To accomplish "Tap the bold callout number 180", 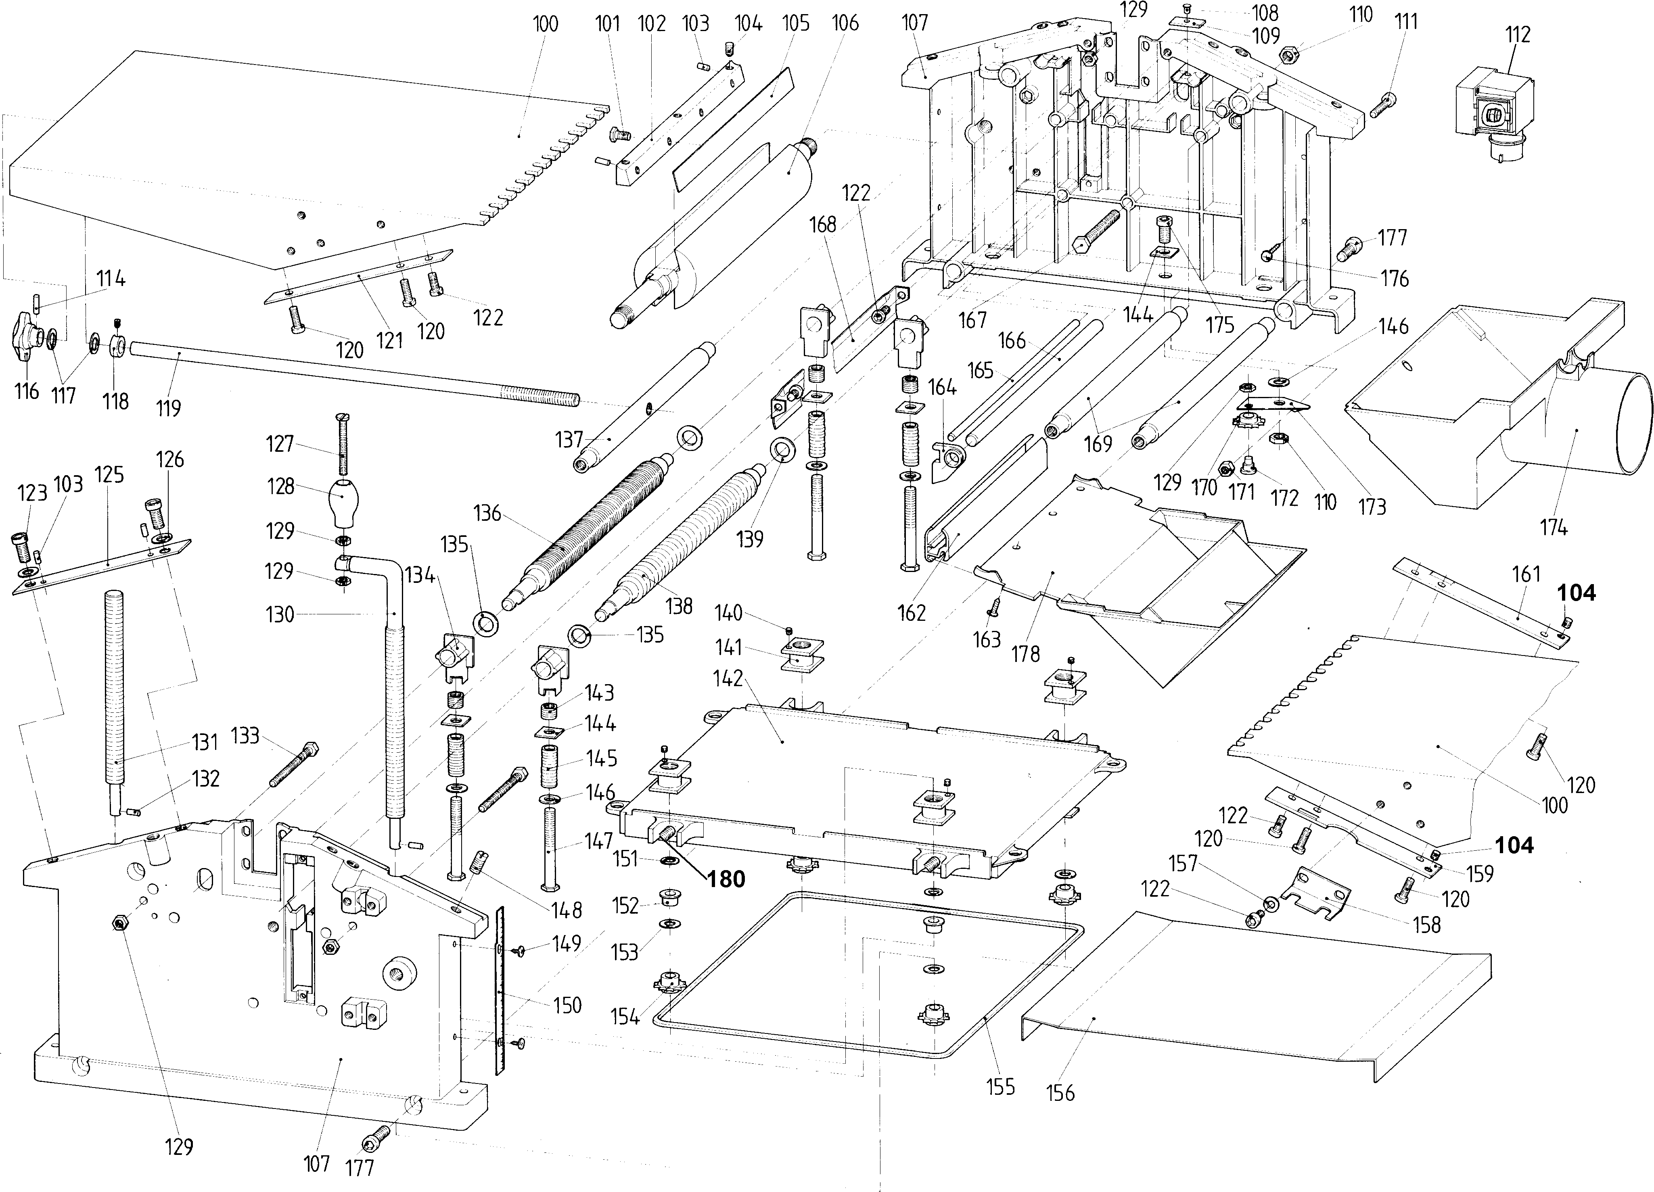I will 726,879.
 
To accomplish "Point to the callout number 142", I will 728,678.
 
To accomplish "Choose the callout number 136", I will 487,513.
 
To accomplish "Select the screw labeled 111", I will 1382,106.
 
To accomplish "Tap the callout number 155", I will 1001,1087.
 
